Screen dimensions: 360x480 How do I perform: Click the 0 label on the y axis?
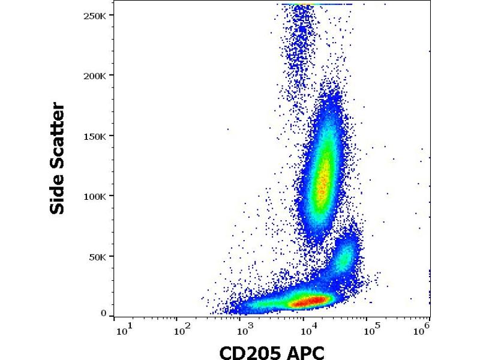[103, 313]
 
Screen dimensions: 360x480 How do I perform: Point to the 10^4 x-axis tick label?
[308, 330]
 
